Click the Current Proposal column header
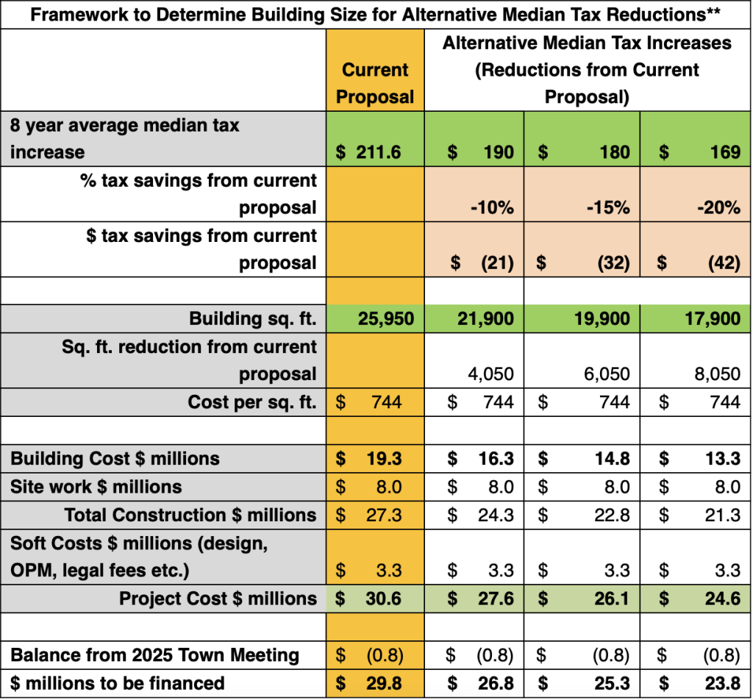point(375,83)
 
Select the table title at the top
point(376,14)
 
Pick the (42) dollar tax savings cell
point(724,263)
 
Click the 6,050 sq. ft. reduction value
point(606,374)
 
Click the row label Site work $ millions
point(96,486)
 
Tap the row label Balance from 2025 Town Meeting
point(154,654)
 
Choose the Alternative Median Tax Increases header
point(587,71)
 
